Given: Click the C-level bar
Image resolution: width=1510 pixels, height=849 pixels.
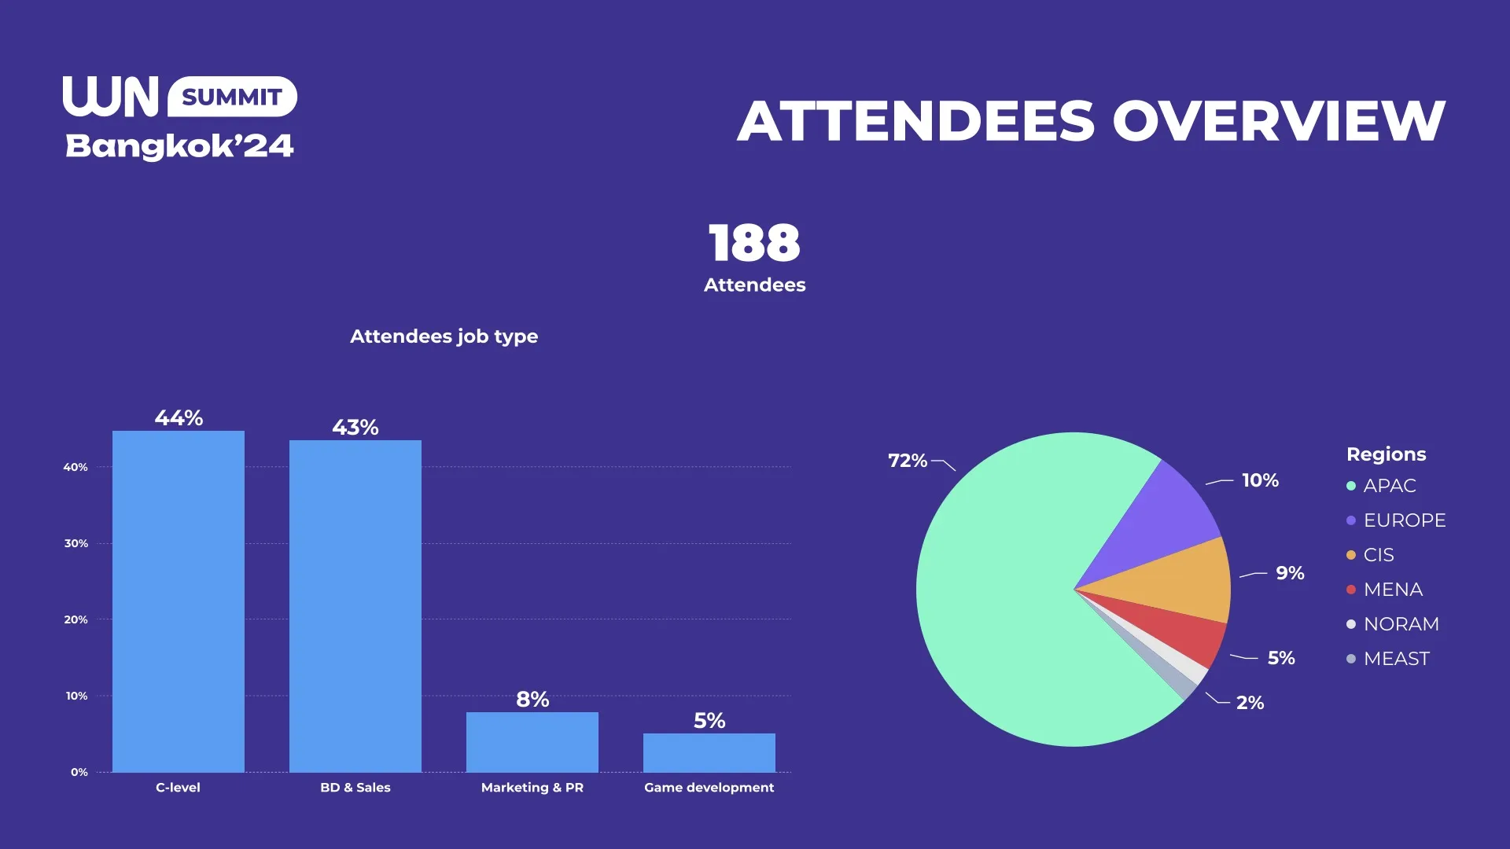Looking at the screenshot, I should point(179,601).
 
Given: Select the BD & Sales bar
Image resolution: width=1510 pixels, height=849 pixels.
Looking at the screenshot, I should point(355,606).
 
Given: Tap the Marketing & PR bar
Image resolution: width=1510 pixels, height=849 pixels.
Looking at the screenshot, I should point(532,742).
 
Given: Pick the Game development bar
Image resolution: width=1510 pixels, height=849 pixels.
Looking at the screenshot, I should point(709,752).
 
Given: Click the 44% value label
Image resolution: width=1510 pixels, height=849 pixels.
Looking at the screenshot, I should point(179,418).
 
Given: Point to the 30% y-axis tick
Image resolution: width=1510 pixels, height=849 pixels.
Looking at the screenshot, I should point(76,543).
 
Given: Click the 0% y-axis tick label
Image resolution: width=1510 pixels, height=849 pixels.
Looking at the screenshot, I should point(79,772).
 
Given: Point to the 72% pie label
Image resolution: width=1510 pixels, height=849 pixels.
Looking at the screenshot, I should point(908,461).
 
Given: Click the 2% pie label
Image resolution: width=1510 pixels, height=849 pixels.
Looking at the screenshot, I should point(1250,703).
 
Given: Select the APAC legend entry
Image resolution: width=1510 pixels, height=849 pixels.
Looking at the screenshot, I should point(1382,486).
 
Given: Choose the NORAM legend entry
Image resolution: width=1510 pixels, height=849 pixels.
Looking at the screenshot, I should point(1393,624).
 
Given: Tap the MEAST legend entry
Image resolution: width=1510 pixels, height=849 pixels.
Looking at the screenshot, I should point(1388,659).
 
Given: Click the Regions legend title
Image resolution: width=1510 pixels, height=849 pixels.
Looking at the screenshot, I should point(1386,454).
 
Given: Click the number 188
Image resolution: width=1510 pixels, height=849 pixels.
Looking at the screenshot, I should point(754,243).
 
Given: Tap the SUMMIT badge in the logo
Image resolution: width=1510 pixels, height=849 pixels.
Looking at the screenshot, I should point(232,97).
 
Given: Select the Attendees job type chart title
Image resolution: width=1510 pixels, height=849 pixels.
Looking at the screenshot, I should point(444,336).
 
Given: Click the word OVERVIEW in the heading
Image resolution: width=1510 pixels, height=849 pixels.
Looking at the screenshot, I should point(1278,121).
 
